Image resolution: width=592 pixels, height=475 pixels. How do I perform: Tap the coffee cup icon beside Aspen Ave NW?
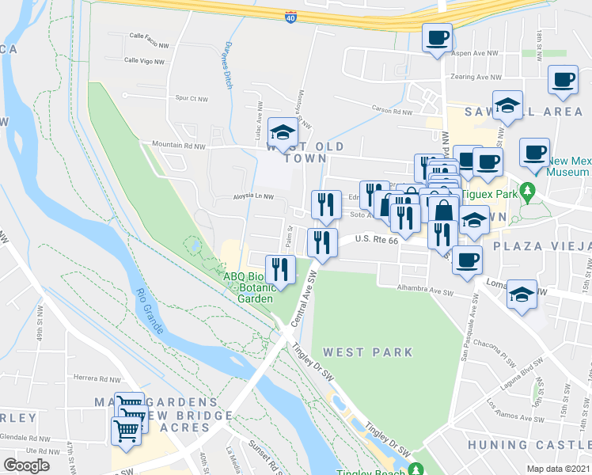pos(437,37)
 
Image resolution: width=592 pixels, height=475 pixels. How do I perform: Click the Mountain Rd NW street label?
pos(179,146)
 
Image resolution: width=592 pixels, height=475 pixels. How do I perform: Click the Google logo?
pos(27,465)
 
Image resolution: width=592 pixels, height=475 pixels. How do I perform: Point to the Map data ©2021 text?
pos(559,469)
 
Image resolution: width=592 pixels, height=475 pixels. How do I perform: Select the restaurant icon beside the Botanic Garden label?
pos(279,269)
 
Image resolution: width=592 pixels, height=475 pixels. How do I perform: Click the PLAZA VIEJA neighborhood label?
pos(542,246)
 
